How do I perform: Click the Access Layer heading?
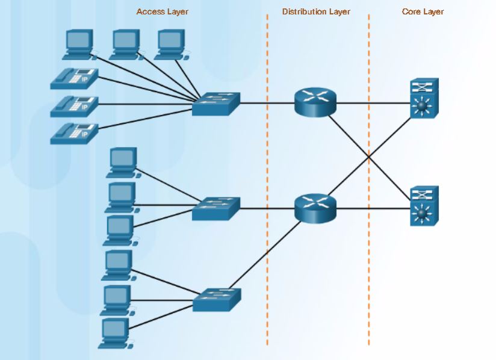click(162, 11)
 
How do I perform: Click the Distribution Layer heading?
click(316, 11)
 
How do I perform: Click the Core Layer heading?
click(423, 11)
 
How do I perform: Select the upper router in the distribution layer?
click(315, 102)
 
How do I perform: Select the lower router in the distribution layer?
click(315, 208)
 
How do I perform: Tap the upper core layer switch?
click(424, 98)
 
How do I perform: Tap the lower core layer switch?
click(424, 206)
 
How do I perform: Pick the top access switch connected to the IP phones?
click(216, 104)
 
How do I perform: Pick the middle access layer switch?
click(216, 208)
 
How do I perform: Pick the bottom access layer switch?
click(217, 299)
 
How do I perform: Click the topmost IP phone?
click(74, 78)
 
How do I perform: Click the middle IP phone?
click(74, 105)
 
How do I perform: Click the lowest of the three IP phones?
click(74, 132)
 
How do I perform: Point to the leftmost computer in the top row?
click(79, 43)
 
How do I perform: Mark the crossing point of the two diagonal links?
click(369, 157)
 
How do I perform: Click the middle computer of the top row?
click(126, 43)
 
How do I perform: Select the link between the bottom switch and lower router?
click(265, 253)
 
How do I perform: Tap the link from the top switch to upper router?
click(267, 103)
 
